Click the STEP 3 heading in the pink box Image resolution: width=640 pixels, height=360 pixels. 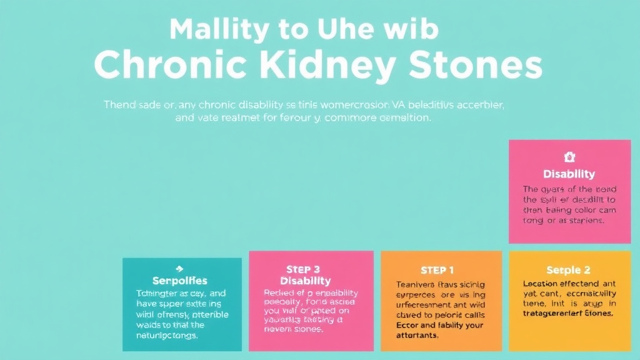(x=302, y=269)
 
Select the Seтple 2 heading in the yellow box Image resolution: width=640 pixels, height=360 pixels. (x=568, y=270)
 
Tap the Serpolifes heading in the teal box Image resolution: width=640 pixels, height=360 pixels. (x=179, y=281)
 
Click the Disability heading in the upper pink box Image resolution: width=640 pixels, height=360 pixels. (x=569, y=174)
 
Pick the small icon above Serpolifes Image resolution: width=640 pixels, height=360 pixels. (x=180, y=268)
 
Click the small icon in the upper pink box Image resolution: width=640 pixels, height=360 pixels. (x=569, y=157)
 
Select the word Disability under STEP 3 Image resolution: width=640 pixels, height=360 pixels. (x=306, y=281)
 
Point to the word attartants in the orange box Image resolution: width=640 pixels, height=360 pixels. (x=417, y=335)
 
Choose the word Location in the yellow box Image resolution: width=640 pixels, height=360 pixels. (x=542, y=283)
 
